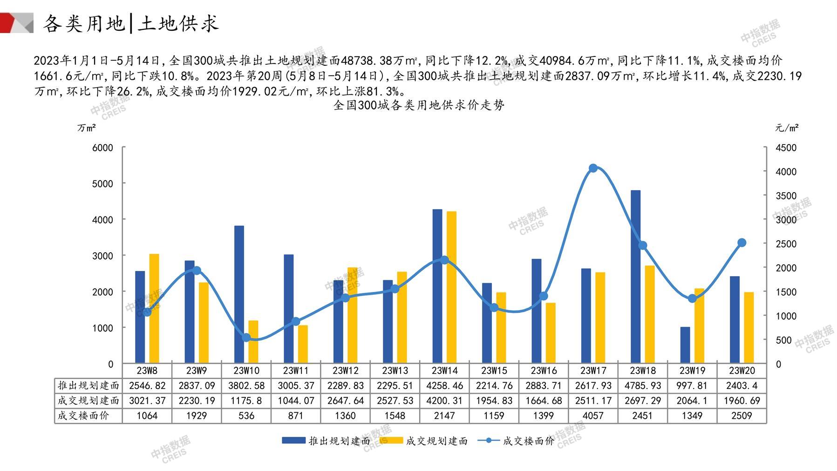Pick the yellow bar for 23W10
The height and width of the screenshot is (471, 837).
[253, 341]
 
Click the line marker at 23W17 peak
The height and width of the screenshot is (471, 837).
[593, 168]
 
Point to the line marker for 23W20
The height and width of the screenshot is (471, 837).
[742, 242]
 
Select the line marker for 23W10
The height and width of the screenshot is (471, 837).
[246, 338]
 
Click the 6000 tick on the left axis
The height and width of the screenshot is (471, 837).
[102, 148]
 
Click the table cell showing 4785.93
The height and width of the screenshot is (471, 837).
[642, 386]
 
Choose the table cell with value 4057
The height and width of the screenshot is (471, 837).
[593, 416]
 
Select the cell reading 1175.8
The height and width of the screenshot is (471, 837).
[246, 401]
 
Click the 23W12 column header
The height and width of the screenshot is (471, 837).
[345, 371]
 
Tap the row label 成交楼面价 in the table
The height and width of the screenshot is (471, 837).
[83, 416]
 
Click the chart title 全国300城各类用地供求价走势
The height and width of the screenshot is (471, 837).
[419, 105]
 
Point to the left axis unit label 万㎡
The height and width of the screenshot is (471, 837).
[87, 127]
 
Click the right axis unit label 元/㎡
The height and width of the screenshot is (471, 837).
[787, 127]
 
